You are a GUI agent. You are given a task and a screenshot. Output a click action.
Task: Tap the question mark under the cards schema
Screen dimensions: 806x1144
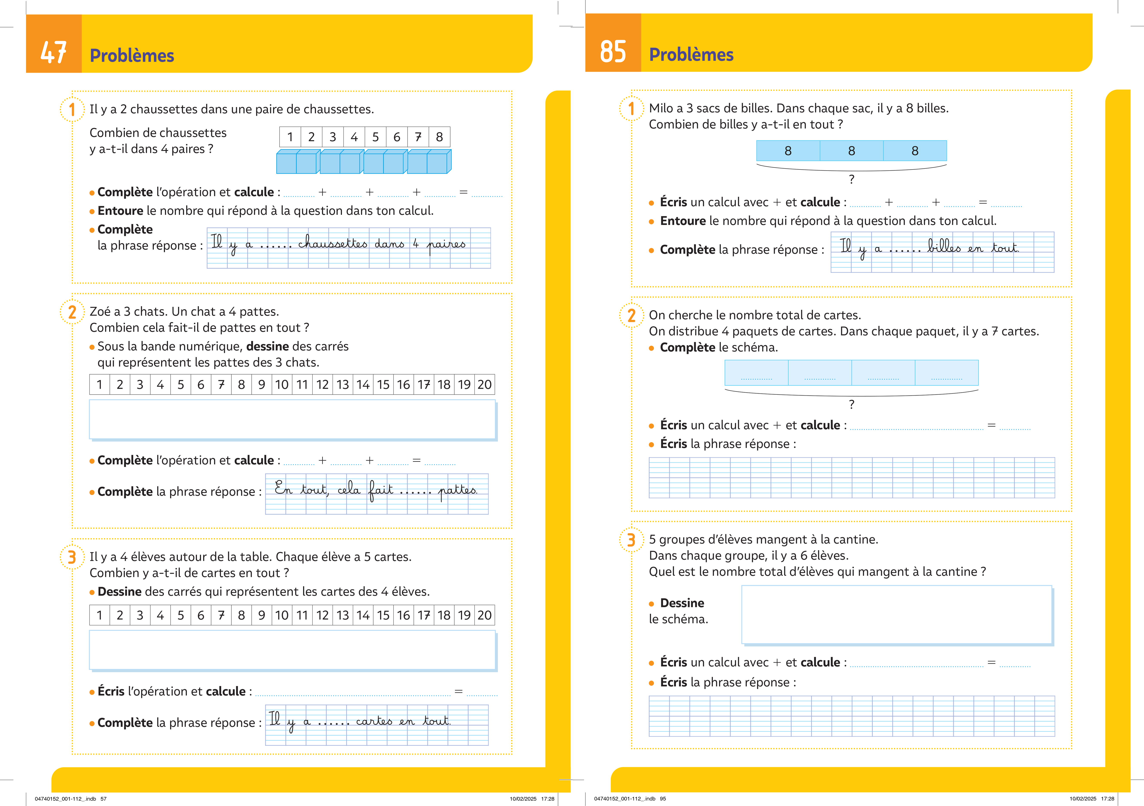(851, 404)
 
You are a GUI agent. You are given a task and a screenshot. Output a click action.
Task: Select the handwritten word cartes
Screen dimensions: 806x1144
(374, 721)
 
